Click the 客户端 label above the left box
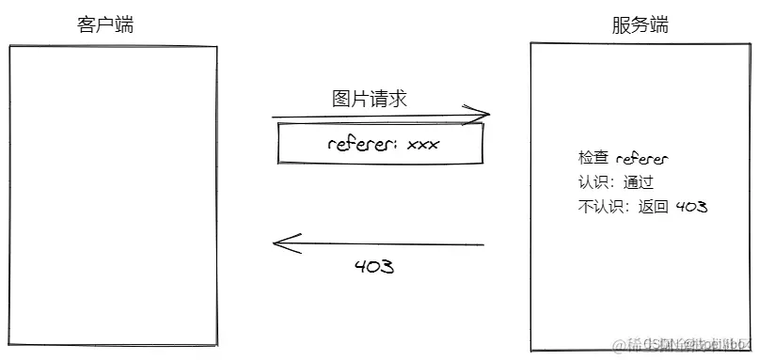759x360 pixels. tap(104, 25)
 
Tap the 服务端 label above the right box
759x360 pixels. tap(640, 25)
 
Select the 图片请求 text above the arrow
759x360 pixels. tap(370, 99)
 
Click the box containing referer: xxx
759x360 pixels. tap(381, 144)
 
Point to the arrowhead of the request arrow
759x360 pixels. tap(485, 115)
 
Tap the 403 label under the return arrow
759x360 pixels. tap(373, 267)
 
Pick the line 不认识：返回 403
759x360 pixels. tap(642, 207)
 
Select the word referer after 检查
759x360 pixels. tap(641, 159)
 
